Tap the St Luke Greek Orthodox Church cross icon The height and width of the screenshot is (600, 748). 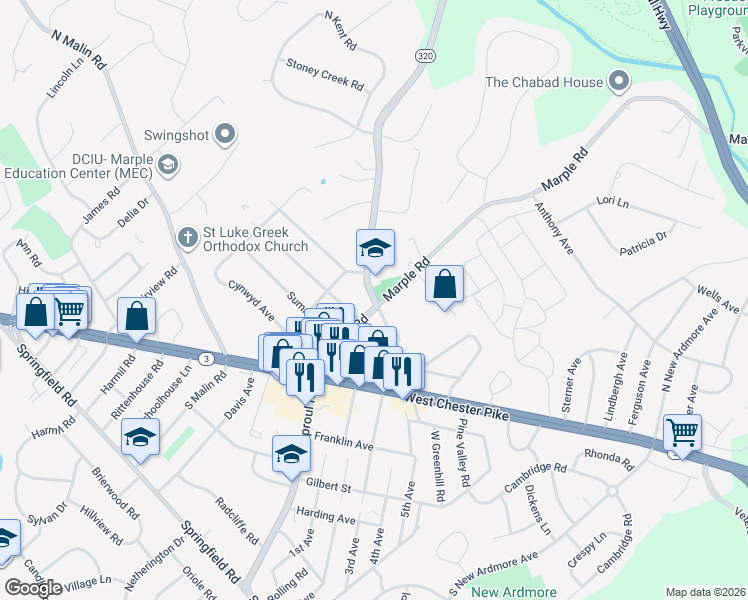click(x=186, y=238)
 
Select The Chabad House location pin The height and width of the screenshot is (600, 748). click(x=620, y=82)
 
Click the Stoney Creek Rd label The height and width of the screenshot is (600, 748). click(x=324, y=74)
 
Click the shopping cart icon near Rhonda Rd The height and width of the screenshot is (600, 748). click(x=682, y=433)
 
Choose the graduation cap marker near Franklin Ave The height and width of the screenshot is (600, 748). click(x=292, y=454)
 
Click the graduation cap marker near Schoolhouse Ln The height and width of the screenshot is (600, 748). click(x=141, y=436)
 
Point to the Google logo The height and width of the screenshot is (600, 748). click(x=34, y=588)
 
